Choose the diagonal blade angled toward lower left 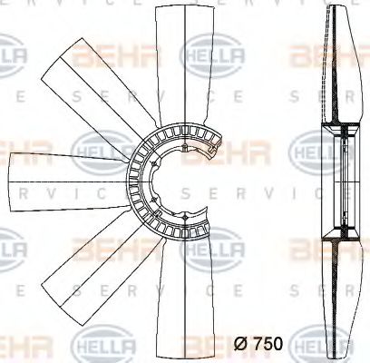(86, 259)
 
